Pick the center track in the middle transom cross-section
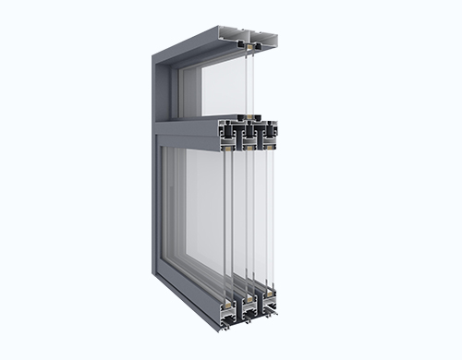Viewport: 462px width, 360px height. coord(248,135)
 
